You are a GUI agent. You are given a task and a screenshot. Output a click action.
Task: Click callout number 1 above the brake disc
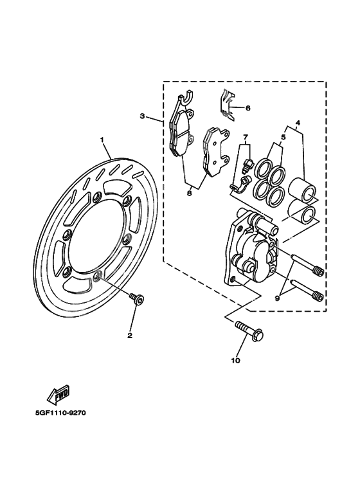(102, 140)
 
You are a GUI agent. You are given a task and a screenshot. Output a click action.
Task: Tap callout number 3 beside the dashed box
(143, 116)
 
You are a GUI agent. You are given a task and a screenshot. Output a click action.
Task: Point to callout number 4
(298, 123)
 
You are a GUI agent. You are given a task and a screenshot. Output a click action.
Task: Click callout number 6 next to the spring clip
(248, 108)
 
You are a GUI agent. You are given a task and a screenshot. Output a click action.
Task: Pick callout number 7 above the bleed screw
(246, 138)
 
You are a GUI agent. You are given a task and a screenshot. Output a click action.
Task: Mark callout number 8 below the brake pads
(190, 192)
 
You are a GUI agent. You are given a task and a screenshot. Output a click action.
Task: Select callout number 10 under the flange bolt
(235, 361)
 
